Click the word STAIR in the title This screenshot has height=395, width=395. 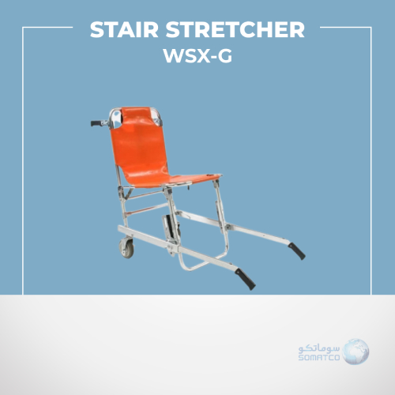(124, 29)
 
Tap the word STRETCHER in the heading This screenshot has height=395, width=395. (235, 29)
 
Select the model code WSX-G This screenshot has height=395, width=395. (197, 55)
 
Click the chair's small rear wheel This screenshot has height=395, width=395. (126, 248)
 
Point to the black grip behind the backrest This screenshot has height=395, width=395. (96, 123)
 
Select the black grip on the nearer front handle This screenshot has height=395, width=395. (245, 279)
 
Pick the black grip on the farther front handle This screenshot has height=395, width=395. (297, 251)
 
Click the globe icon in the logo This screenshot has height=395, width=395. (355, 352)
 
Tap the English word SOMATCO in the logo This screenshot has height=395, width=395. (319, 357)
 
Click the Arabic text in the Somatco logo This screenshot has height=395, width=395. (319, 348)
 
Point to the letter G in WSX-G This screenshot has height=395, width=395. (224, 56)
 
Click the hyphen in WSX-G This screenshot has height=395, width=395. (213, 57)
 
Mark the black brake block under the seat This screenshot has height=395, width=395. (171, 227)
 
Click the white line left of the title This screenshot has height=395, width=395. (47, 27)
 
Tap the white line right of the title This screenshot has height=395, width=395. (345, 27)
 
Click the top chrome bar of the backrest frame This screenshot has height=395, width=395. (135, 108)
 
